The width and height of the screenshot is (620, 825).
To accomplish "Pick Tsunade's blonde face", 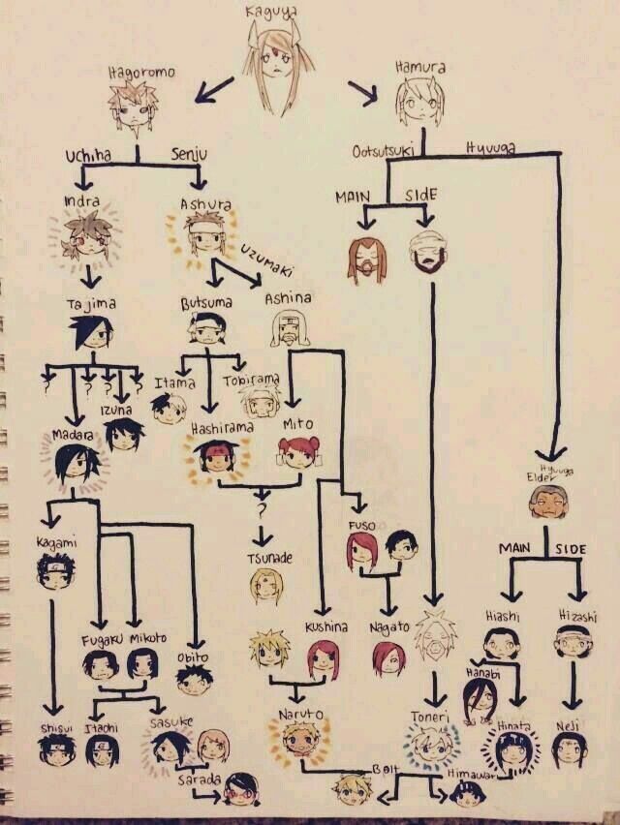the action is [264, 586].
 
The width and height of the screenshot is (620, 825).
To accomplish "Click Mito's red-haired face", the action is [294, 453].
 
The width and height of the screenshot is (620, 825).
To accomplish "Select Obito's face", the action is [195, 678].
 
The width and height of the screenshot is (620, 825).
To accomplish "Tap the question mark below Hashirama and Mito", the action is [260, 506].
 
